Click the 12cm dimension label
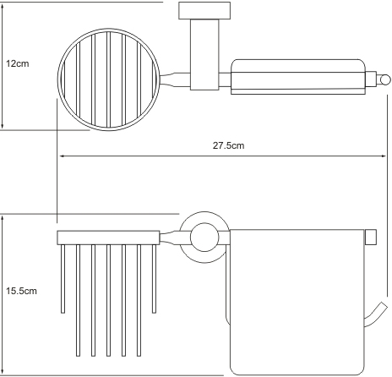(x=18, y=63)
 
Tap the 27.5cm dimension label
(x=228, y=145)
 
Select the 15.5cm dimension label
(x=21, y=291)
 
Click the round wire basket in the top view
(x=57, y=79)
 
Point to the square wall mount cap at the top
(x=204, y=11)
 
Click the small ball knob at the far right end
(x=384, y=79)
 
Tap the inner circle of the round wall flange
(x=204, y=238)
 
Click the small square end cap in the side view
(x=371, y=238)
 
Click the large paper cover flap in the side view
(x=297, y=303)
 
